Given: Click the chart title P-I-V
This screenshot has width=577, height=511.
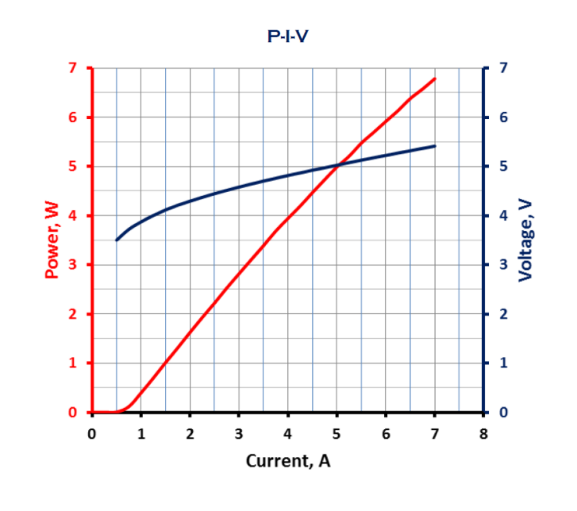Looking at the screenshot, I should click(x=288, y=36).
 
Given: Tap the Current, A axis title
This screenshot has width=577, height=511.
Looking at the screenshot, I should click(x=288, y=460).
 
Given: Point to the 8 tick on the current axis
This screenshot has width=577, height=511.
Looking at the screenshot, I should click(x=483, y=433).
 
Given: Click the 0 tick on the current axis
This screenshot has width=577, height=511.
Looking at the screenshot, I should click(x=92, y=433).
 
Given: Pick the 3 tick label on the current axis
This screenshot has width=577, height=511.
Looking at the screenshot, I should click(x=239, y=433).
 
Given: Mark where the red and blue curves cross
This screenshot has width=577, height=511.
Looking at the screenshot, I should click(x=338, y=166).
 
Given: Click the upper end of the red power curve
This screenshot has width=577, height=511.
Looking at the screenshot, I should click(x=435, y=79).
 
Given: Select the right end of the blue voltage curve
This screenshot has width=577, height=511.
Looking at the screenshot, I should click(x=435, y=146).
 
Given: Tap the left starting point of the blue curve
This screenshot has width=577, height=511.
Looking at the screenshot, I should click(x=117, y=240).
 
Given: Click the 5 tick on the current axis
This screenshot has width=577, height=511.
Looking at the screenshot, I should click(x=337, y=433).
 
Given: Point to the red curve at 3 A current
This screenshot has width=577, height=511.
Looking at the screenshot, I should click(x=239, y=275).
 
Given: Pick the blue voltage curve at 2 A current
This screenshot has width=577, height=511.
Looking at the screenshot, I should click(x=190, y=201).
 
